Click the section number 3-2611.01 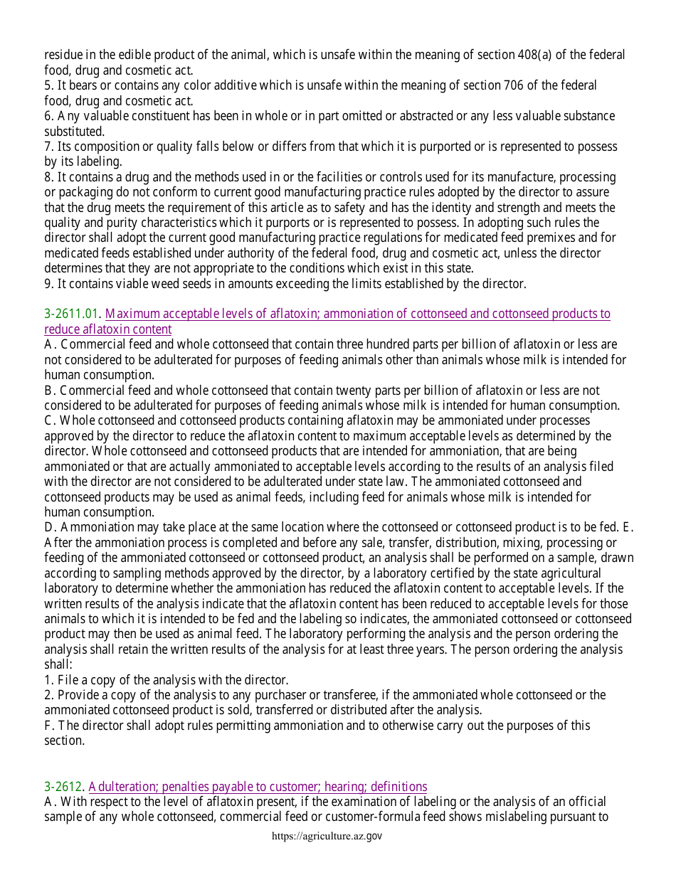(72, 314)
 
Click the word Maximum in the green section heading (132, 314)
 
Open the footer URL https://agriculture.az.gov (327, 836)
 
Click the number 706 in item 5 (512, 85)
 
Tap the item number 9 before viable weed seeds (48, 284)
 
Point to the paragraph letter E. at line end (628, 527)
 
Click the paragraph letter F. (48, 726)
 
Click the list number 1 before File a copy (48, 680)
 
